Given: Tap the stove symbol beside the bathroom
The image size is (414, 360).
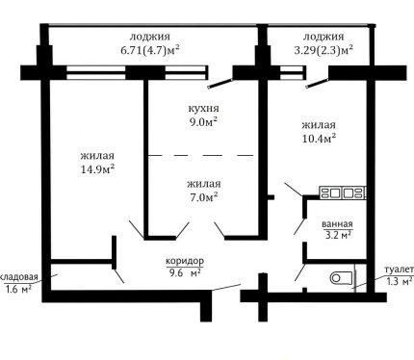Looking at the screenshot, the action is click(x=343, y=193).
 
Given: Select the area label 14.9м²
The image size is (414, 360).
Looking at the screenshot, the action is click(x=98, y=168).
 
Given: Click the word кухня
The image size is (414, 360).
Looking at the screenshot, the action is click(x=203, y=109).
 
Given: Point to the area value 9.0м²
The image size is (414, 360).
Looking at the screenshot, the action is click(x=203, y=122).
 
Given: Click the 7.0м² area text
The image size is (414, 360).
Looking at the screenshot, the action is click(x=203, y=197).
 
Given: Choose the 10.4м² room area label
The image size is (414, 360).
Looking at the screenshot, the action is click(x=319, y=138).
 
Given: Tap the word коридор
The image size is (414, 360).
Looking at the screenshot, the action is click(x=185, y=261).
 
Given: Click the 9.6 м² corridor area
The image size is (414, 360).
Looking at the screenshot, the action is click(x=185, y=272).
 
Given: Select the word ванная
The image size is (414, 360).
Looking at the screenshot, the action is click(x=337, y=224).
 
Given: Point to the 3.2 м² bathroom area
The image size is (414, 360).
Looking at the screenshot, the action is click(x=337, y=235).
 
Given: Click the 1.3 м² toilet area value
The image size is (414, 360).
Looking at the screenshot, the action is click(x=400, y=281).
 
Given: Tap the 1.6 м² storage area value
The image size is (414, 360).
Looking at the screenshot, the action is click(x=18, y=289).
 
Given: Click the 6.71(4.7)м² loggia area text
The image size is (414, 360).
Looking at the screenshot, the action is click(x=150, y=50).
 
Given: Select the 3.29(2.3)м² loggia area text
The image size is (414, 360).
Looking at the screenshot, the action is click(x=323, y=50).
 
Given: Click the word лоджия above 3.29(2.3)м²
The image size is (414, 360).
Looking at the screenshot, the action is click(x=323, y=37).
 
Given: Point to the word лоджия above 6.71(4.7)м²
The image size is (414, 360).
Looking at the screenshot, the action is click(x=150, y=37).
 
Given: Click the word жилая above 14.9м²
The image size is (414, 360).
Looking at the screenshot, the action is click(x=97, y=156).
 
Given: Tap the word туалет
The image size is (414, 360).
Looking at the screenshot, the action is click(x=400, y=270).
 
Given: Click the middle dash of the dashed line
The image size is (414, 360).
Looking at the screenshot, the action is click(x=212, y=155).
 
